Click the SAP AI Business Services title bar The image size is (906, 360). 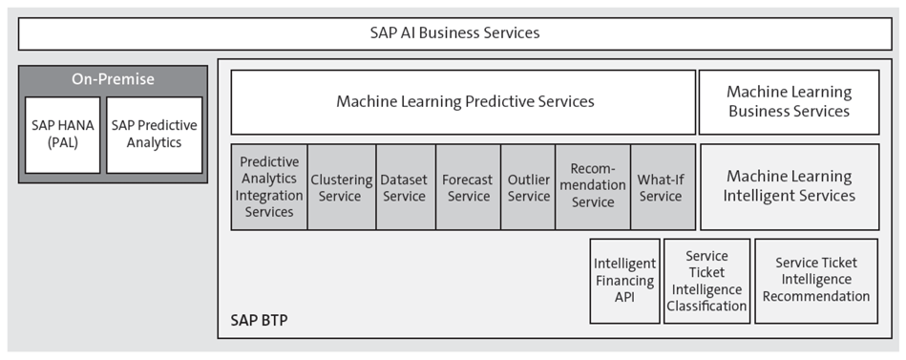tap(454, 33)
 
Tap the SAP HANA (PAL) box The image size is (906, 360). tap(62, 135)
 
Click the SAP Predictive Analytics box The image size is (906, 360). tap(154, 135)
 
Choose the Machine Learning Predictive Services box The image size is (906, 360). tap(464, 101)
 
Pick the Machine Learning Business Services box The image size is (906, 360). tap(789, 101)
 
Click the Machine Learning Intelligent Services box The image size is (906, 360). tap(789, 186)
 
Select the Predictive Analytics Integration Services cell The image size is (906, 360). tap(269, 187)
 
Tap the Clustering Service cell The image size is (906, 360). tap(342, 187)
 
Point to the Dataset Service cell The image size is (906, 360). tap(404, 187)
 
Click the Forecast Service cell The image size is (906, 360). tap(468, 187)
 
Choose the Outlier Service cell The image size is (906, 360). tap(528, 187)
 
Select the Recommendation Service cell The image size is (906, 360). tap(592, 187)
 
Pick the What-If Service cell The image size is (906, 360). tap(661, 187)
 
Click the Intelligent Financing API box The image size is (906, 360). tap(623, 281)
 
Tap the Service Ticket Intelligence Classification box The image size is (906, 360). tap(706, 281)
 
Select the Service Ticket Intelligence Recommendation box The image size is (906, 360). tap(816, 281)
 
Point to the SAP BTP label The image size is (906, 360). tap(259, 320)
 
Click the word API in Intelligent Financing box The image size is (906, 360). tap(623, 297)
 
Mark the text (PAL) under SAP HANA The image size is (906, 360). tap(62, 143)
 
